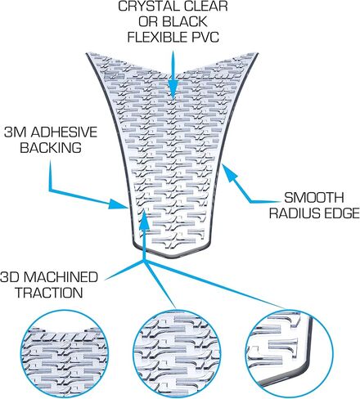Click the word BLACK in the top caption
187,21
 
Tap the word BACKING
51,147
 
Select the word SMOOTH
314,198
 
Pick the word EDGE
341,213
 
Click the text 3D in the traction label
10,277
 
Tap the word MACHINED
61,277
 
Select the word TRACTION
49,293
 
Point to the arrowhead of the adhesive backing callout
119,204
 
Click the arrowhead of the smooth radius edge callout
228,171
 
